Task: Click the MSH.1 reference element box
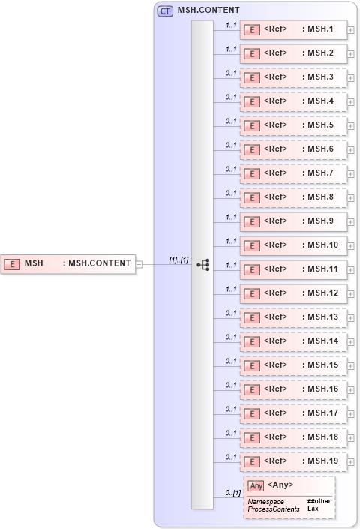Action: [293, 30]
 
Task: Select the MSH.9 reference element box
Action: [293, 221]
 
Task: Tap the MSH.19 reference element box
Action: [293, 461]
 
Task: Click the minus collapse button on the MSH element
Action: [139, 263]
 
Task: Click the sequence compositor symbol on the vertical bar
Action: [202, 264]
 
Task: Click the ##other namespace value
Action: [319, 500]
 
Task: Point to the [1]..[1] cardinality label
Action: [178, 260]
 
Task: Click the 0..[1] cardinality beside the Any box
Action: [232, 493]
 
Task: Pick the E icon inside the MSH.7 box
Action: [253, 173]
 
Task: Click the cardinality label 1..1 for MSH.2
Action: [231, 50]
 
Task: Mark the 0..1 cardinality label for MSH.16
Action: [231, 385]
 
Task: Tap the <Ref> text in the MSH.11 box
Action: [276, 269]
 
